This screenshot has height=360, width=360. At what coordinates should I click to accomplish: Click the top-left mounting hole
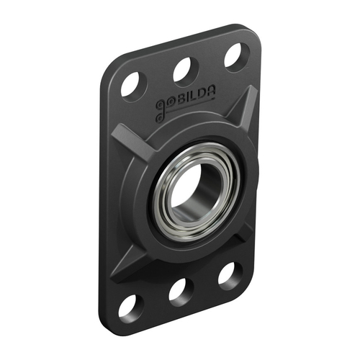click(133, 84)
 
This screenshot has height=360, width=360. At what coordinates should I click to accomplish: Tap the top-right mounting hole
click(235, 56)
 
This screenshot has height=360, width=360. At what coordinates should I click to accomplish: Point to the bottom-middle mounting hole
click(180, 290)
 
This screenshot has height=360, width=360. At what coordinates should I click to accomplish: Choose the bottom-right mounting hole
click(230, 274)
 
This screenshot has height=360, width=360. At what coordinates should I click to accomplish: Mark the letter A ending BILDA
click(209, 93)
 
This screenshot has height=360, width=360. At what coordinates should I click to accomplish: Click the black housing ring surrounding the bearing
click(144, 216)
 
